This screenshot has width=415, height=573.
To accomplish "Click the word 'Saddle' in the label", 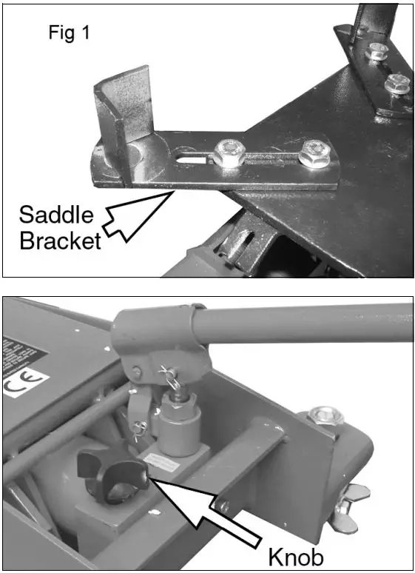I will click(56, 215).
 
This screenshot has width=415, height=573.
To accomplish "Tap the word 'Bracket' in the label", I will click(59, 241).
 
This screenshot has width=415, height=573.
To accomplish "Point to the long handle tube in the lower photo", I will click(311, 326).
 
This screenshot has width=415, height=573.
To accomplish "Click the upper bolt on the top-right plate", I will click(377, 52).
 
